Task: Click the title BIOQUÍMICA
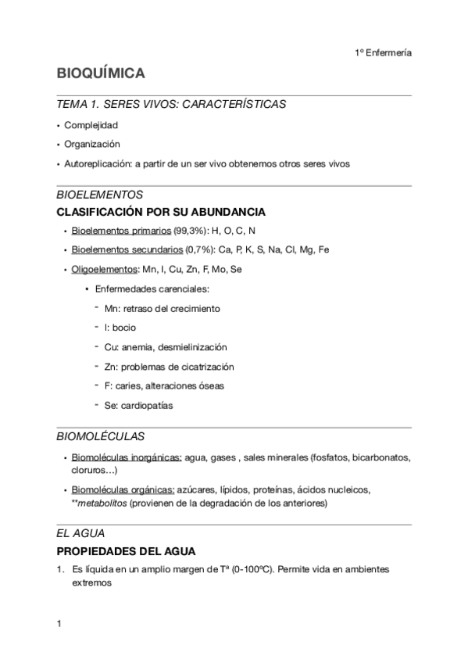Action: [x=100, y=73]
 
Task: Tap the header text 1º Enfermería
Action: [x=383, y=53]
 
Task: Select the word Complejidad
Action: [x=91, y=125]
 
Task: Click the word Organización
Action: [x=92, y=145]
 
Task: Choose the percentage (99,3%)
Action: [x=189, y=231]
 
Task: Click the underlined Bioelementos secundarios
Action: [x=126, y=250]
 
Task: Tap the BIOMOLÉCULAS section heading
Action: [x=100, y=436]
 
